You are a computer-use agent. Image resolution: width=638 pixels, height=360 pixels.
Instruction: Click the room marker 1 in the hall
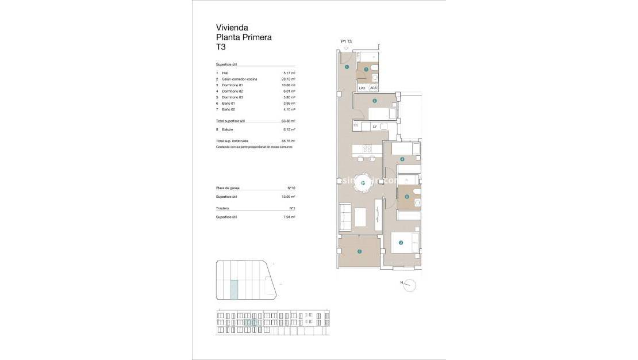347,67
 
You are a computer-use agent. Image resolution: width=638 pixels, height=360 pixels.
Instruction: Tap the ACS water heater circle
373,88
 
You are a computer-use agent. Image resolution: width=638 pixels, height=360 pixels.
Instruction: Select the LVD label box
362,88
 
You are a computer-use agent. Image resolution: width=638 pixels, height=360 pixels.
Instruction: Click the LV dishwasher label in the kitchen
374,126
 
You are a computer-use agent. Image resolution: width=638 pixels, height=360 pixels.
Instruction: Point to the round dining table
363,183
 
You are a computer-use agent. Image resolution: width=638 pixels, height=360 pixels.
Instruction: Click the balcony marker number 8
359,251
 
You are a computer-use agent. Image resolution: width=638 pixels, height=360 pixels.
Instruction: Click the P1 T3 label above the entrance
346,41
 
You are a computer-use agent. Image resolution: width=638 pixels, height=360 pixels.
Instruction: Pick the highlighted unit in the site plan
234,289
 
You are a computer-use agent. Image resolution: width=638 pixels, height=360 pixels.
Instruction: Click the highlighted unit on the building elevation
250,323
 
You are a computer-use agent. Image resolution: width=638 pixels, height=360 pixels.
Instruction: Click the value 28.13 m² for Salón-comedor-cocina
289,79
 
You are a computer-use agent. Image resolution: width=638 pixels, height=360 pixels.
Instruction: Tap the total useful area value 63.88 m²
289,121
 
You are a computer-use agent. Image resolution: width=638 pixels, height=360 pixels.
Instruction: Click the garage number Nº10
291,188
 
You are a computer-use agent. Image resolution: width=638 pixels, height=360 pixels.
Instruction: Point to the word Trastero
222,208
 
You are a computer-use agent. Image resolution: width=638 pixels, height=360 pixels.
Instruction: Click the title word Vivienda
232,27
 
